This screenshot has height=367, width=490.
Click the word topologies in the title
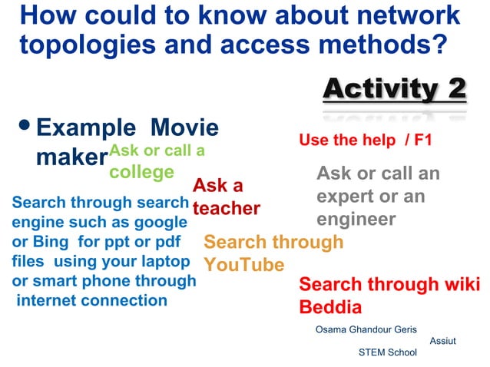86,45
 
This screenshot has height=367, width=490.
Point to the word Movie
184,127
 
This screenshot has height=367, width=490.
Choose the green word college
141,171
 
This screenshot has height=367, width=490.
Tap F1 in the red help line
423,141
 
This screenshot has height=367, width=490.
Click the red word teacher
226,208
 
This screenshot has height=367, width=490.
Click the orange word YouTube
243,265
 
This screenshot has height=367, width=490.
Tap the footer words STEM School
387,352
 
